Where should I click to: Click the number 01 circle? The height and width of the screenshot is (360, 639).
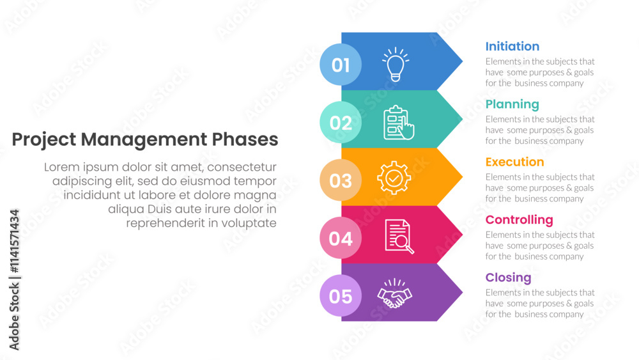pyautogui.click(x=341, y=65)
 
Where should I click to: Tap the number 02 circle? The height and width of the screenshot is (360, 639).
pyautogui.click(x=341, y=122)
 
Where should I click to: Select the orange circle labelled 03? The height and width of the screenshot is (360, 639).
pyautogui.click(x=341, y=180)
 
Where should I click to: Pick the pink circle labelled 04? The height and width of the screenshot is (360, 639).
pyautogui.click(x=341, y=238)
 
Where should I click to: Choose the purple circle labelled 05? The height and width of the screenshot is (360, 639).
pyautogui.click(x=341, y=296)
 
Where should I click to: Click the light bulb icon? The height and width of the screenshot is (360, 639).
pyautogui.click(x=396, y=65)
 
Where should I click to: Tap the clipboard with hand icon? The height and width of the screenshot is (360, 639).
pyautogui.click(x=399, y=123)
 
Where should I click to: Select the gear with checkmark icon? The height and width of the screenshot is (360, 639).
pyautogui.click(x=394, y=178)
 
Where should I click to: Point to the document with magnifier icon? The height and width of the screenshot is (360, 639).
pyautogui.click(x=399, y=237)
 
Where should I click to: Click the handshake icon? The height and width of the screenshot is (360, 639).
pyautogui.click(x=394, y=293)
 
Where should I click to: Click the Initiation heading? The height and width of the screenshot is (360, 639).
pyautogui.click(x=512, y=47)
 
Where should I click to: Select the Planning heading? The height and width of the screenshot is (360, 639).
pyautogui.click(x=512, y=105)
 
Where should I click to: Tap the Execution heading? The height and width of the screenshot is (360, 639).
pyautogui.click(x=514, y=162)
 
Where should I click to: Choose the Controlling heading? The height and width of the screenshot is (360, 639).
pyautogui.click(x=519, y=220)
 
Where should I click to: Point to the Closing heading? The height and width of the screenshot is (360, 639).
pyautogui.click(x=508, y=278)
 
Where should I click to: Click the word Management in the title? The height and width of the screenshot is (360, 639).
pyautogui.click(x=144, y=140)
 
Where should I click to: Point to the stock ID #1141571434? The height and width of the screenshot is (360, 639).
pyautogui.click(x=14, y=241)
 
